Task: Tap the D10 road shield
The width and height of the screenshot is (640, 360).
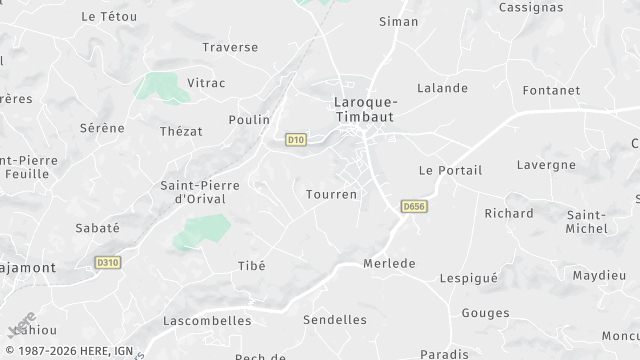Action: coord(295,140)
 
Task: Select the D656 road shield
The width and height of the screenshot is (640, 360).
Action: coord(413,206)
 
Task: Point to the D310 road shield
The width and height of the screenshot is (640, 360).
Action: coord(108,263)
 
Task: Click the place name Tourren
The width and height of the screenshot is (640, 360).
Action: coord(331,193)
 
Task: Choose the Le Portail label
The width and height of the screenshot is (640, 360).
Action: coord(450,170)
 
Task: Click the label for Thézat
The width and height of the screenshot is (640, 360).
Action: coord(181,131)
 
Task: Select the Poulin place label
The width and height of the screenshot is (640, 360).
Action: coord(249,120)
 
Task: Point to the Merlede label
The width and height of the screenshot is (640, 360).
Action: coord(388,263)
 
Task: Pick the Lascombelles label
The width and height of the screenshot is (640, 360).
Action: coord(206,321)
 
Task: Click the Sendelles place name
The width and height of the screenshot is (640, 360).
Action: coord(334,320)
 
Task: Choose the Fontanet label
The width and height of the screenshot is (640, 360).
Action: coord(550,90)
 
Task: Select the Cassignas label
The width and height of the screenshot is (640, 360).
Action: coord(530,7)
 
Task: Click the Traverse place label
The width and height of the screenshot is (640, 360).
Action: coord(230,47)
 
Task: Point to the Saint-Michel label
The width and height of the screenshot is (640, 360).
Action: coord(587,222)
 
